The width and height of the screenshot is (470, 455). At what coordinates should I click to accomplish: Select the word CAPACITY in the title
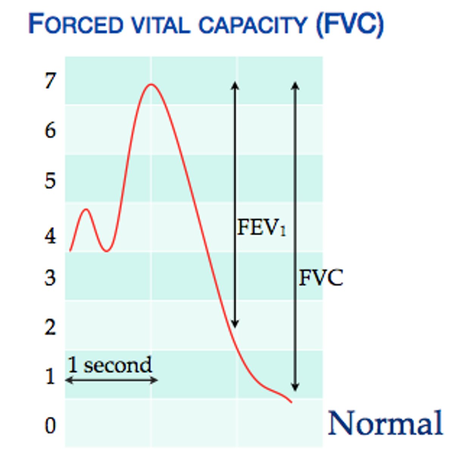click(253, 25)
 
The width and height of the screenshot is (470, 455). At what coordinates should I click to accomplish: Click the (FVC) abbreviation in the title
click(350, 25)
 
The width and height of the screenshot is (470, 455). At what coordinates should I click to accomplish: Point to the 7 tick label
click(50, 80)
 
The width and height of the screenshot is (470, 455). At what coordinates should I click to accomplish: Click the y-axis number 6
click(50, 130)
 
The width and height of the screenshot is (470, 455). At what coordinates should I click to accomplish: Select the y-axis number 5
click(50, 180)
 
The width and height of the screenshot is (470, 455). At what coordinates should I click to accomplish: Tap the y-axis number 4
click(50, 236)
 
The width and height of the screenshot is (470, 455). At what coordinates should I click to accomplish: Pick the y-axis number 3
click(50, 278)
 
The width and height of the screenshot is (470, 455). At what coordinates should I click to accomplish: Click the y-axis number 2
click(50, 327)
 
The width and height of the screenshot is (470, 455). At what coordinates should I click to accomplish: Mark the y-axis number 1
click(50, 377)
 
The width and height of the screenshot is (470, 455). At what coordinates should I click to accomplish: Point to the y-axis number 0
click(50, 425)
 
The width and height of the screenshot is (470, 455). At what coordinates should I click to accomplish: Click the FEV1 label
click(261, 228)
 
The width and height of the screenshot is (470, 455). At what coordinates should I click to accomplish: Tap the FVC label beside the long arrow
click(321, 278)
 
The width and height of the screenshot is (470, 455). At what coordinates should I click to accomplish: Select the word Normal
click(385, 423)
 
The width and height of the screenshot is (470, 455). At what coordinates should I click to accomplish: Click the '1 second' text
click(110, 365)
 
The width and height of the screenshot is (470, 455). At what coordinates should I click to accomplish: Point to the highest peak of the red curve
click(151, 84)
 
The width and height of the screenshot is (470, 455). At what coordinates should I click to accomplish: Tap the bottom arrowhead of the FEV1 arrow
click(235, 324)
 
